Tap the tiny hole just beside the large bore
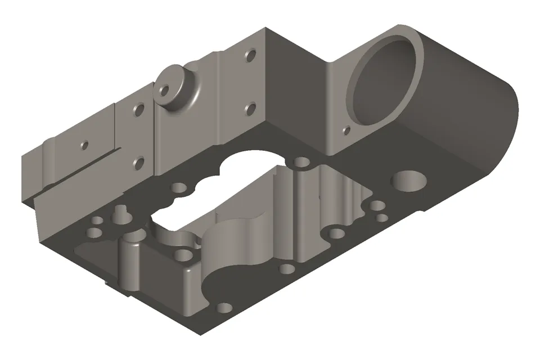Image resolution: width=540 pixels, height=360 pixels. (347, 131)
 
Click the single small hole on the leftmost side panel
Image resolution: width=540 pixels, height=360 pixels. (84, 145)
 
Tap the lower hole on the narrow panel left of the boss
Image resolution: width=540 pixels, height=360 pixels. (138, 163)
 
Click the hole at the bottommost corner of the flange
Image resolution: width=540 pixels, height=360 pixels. (224, 308)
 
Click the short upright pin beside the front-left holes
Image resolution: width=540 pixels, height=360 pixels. (119, 214)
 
